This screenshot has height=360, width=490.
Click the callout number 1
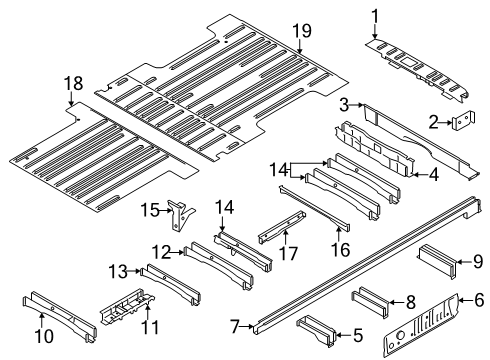(376, 14)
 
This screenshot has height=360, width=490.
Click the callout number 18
(71, 83)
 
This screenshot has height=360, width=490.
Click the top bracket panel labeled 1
(415, 54)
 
